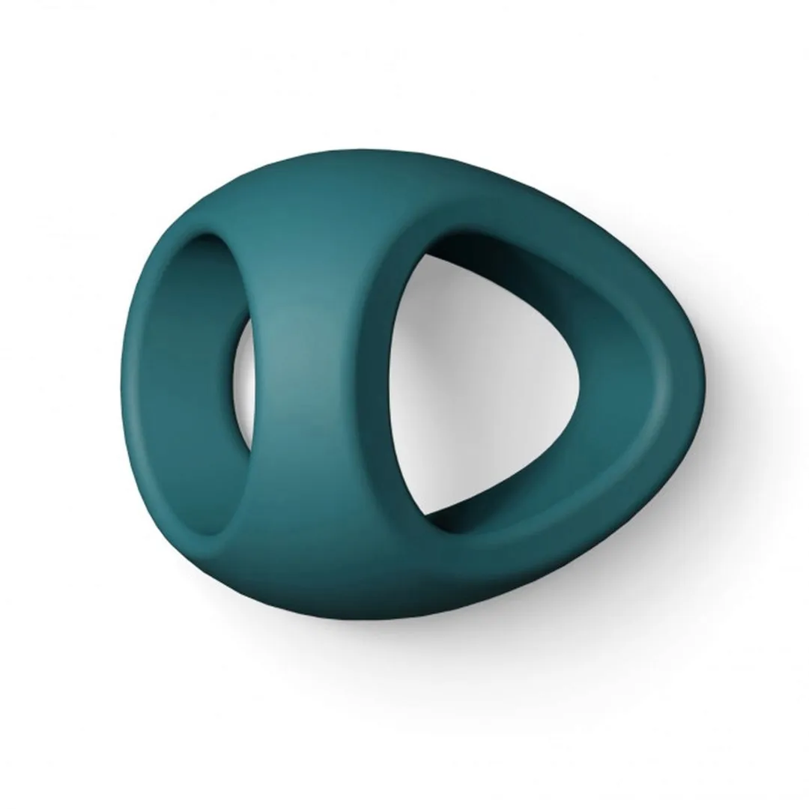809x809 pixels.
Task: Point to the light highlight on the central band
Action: [281, 352]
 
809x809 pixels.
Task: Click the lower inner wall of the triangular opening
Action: [509, 509]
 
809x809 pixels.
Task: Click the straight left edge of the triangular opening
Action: [396, 382]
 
